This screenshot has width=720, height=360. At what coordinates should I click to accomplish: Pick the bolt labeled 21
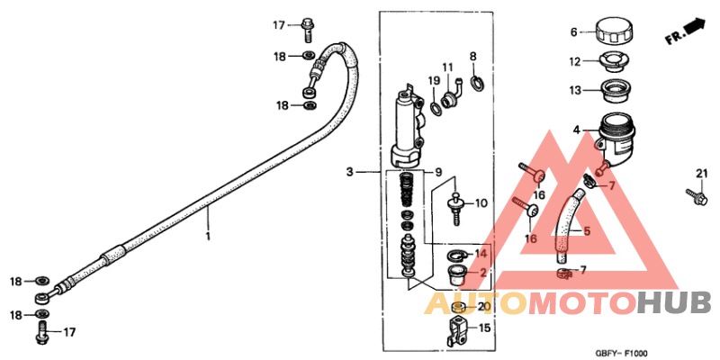pos(694,193)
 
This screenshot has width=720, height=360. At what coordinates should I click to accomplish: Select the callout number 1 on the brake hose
pos(208,237)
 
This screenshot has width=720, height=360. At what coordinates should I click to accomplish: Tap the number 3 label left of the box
pos(351,170)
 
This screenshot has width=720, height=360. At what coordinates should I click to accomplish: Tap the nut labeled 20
pos(458,308)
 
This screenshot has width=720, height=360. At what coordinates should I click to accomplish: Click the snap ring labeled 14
pos(457,256)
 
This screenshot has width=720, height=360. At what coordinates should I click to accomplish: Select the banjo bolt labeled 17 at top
pos(308,27)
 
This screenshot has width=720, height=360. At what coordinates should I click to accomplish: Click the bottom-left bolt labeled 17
pos(41,333)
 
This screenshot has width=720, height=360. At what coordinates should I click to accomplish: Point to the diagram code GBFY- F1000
pos(621,353)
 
